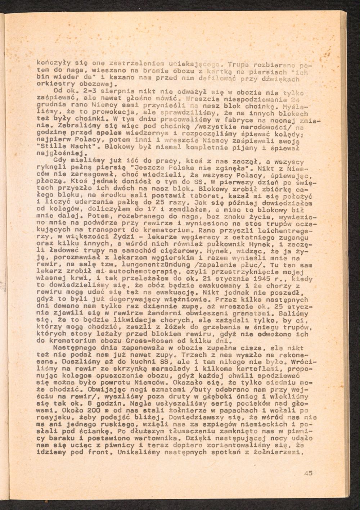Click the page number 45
(308, 474)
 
